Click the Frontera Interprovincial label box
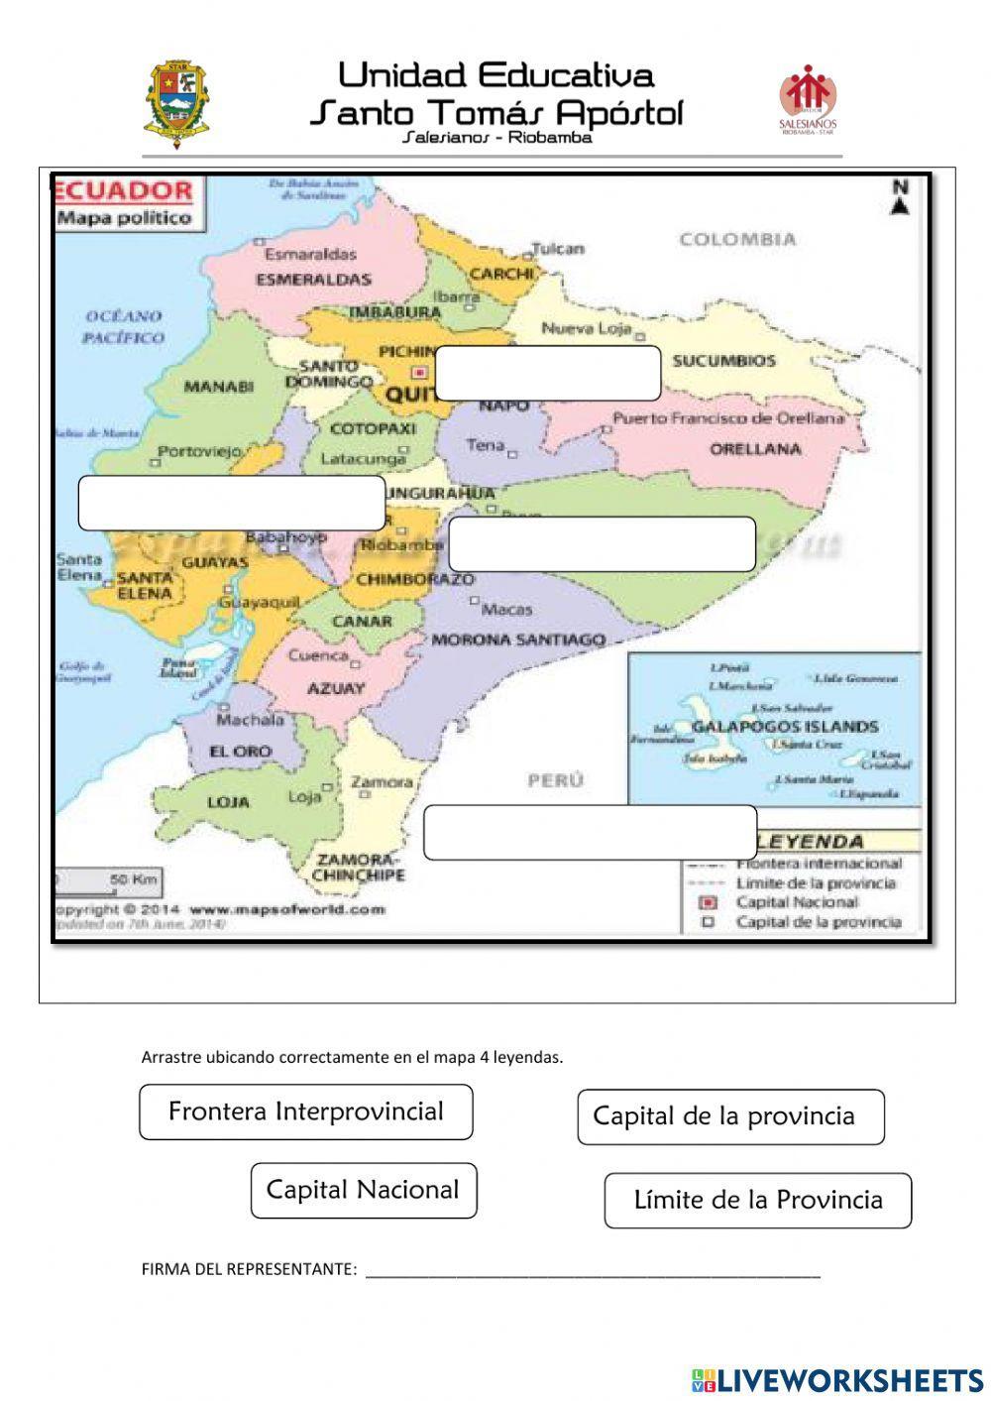tap(305, 1111)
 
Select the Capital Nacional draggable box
tap(364, 1190)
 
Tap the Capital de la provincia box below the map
tap(730, 1116)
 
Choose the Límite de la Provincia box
tap(757, 1201)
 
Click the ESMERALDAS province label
tap(313, 280)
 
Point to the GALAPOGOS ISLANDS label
tap(785, 727)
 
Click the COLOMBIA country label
tap(737, 239)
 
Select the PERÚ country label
tap(555, 780)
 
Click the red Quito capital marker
tap(419, 373)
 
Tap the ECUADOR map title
tap(125, 190)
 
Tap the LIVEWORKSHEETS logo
tap(836, 1379)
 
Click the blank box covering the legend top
tap(590, 833)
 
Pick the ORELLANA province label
tap(755, 449)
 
